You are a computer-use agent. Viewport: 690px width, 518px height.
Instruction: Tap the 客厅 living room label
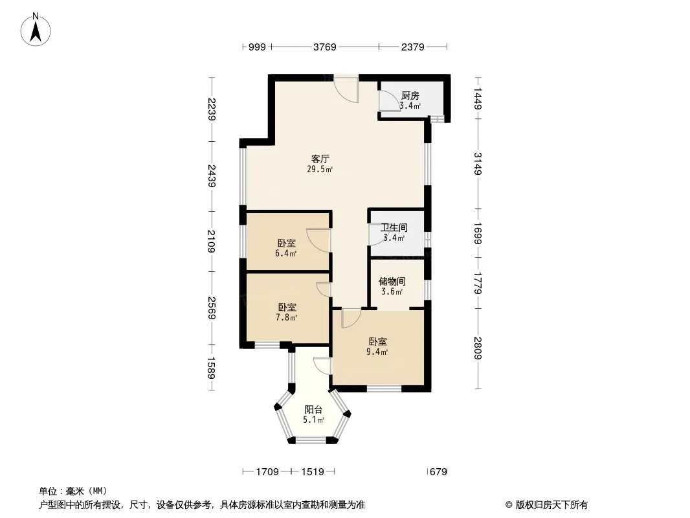click(320, 159)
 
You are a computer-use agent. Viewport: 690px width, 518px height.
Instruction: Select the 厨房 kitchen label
click(410, 95)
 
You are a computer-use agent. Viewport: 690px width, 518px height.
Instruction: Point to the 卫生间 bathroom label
click(394, 227)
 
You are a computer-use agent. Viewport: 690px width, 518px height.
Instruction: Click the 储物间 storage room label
click(392, 281)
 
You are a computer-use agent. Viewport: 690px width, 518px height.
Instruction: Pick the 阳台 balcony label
click(313, 410)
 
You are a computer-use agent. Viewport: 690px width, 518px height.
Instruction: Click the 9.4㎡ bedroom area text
click(377, 352)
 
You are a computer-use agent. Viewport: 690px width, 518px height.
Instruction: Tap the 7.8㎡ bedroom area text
click(287, 317)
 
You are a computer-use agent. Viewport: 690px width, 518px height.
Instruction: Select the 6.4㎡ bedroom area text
click(286, 253)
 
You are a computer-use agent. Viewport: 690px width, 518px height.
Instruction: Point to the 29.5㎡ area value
click(320, 169)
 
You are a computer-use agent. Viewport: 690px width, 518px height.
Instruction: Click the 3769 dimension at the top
click(325, 47)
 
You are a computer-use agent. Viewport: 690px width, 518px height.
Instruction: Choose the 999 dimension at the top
click(257, 47)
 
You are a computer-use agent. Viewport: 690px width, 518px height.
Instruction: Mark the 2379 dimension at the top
click(413, 47)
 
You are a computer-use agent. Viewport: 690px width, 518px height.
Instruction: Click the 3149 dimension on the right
click(478, 163)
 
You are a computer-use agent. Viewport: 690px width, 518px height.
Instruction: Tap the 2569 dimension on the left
click(212, 308)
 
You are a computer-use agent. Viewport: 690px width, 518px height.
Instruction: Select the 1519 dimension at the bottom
click(313, 472)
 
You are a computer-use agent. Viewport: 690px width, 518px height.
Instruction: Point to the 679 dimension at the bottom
click(438, 472)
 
